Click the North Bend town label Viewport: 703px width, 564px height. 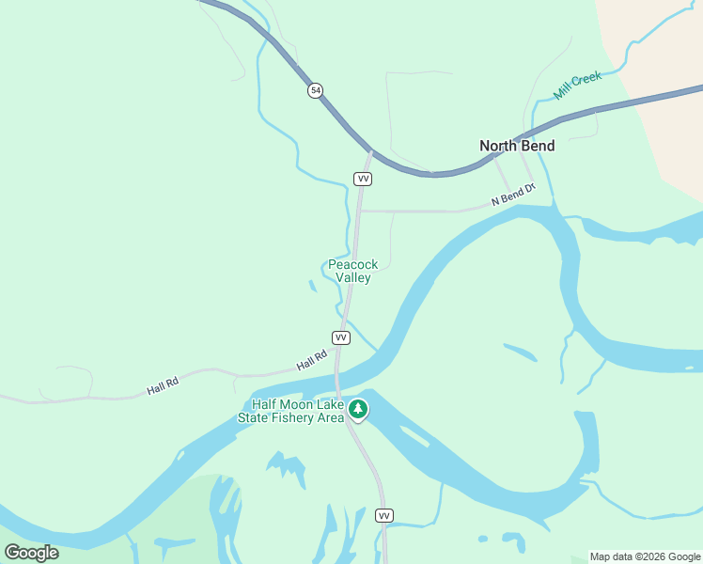517,146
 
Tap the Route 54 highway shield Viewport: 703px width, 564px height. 315,90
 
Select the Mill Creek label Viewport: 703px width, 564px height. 577,85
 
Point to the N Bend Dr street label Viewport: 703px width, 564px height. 512,195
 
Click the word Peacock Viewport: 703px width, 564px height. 352,264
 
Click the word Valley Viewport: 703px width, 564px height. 352,277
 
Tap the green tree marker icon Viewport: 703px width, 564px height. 357,409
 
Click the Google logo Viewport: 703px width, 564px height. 31,553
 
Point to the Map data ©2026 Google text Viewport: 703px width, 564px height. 646,556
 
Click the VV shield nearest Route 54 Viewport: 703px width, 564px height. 363,178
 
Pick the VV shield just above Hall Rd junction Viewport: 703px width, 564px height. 341,337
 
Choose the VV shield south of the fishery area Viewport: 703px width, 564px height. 383,515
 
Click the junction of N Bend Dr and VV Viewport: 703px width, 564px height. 360,211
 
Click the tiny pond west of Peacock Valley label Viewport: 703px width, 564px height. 312,285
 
